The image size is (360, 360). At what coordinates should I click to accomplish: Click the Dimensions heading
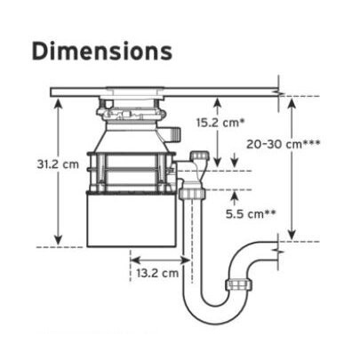102,52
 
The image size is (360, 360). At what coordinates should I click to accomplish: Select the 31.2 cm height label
58,164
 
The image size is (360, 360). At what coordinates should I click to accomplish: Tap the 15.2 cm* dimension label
221,123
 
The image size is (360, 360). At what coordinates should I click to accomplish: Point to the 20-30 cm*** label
283,144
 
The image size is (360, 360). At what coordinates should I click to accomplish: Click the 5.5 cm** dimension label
251,213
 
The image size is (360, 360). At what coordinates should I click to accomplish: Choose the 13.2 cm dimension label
157,273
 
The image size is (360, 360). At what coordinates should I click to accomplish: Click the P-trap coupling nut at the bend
239,284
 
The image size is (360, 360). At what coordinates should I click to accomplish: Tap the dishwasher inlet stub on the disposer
172,134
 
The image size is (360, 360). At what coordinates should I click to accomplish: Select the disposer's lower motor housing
132,220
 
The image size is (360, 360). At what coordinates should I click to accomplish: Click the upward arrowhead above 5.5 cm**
235,196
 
